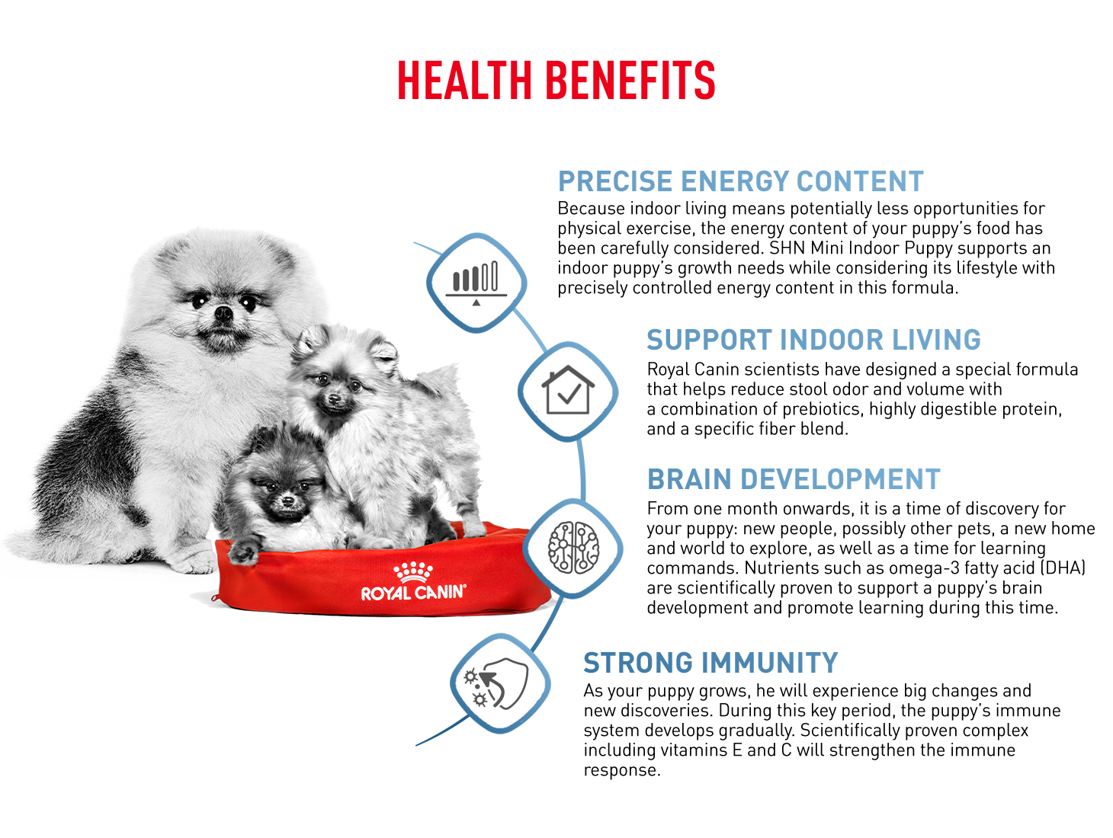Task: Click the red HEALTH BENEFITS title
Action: click(556, 80)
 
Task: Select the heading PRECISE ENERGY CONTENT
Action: click(739, 181)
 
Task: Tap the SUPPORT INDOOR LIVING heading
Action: click(813, 339)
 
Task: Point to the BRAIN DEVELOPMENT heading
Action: click(793, 478)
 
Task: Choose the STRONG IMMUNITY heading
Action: click(710, 662)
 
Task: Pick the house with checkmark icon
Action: click(567, 389)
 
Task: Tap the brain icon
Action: click(573, 547)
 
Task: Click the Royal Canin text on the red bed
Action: click(412, 592)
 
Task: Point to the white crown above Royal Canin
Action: click(412, 571)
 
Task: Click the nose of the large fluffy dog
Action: click(223, 312)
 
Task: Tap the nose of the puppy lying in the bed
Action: click(287, 501)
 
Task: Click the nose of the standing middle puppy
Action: click(334, 399)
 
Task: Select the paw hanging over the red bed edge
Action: click(243, 553)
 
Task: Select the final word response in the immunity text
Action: click(621, 770)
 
